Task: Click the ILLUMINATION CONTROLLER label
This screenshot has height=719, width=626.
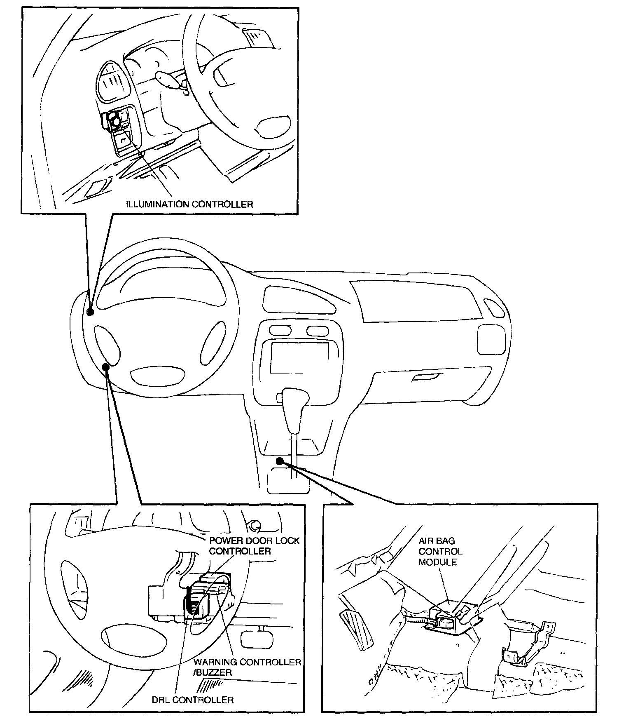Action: [x=189, y=204]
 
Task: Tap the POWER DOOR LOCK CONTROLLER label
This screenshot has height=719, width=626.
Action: [x=255, y=545]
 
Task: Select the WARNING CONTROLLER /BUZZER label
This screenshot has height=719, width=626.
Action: [x=248, y=667]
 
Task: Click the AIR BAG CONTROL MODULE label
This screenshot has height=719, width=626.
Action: [x=441, y=551]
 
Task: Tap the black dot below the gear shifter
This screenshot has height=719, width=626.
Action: [x=280, y=461]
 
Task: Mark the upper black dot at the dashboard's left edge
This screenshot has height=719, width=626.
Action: [x=91, y=312]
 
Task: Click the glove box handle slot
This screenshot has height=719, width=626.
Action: [x=425, y=377]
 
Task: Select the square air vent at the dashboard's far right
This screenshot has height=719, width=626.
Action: [x=491, y=339]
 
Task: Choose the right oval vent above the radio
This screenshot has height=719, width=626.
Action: [x=318, y=330]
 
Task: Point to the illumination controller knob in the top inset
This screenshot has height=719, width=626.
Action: [x=114, y=122]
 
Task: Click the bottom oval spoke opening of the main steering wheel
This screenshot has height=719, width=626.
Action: [x=157, y=376]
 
